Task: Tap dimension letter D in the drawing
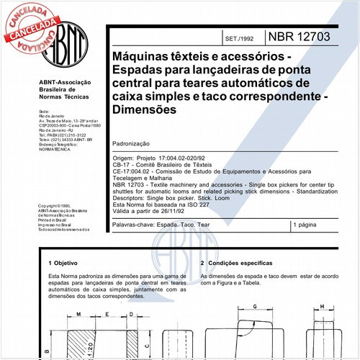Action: coord(126,315)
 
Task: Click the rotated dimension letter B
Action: coord(45,351)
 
